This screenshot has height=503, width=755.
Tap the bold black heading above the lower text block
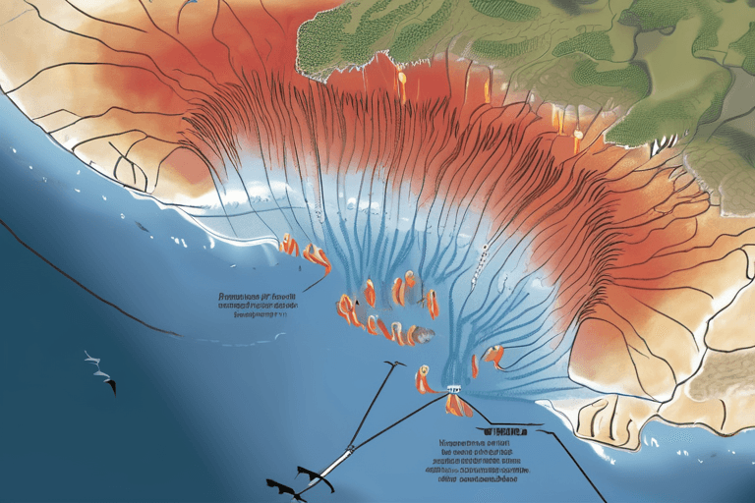[500, 430]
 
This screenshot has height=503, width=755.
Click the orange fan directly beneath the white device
[456, 405]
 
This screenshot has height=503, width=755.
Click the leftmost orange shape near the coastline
[288, 245]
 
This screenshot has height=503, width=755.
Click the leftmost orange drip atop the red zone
[400, 84]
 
